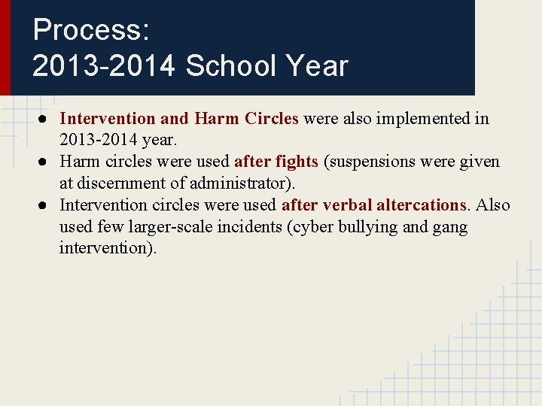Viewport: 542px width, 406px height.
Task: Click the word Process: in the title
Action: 91,30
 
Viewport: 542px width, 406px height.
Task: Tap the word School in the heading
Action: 230,66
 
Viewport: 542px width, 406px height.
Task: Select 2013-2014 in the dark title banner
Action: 104,66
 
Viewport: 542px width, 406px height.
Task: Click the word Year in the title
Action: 317,66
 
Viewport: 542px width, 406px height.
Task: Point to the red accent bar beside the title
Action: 5,47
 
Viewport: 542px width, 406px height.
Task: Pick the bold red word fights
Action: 297,162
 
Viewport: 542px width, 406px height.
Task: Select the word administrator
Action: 243,183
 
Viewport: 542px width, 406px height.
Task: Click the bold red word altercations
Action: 422,205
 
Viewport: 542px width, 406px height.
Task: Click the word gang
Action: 451,227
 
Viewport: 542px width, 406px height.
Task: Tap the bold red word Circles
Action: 272,119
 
